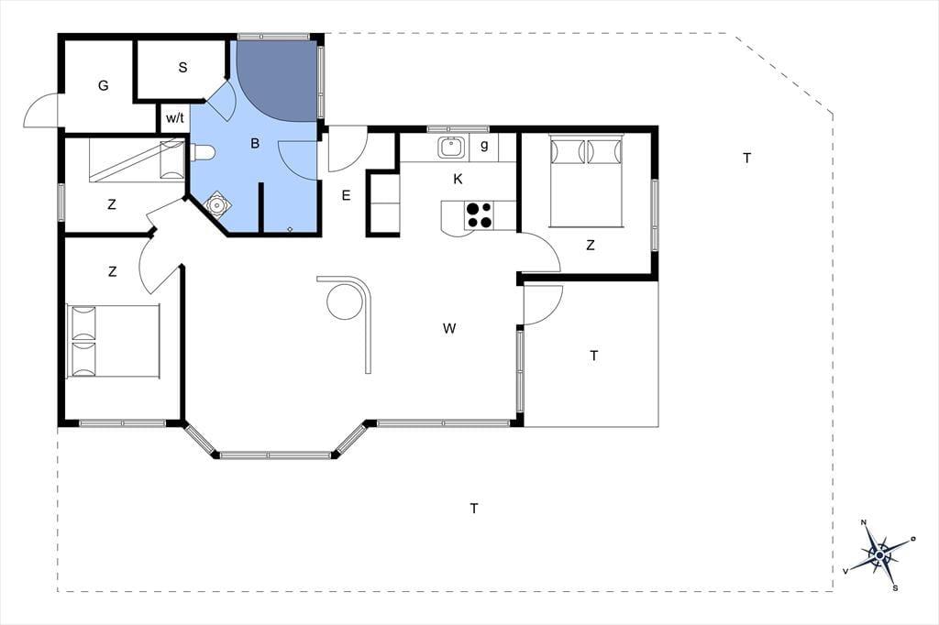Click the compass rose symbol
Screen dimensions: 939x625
(878, 555)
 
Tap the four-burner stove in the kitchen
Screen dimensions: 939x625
(479, 215)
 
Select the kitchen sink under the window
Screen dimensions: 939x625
(450, 148)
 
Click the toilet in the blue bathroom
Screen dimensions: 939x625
(202, 153)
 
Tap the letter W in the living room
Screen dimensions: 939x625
(449, 328)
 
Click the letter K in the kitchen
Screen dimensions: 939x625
(458, 179)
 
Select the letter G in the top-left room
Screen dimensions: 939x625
(103, 85)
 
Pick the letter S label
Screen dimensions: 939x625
(182, 67)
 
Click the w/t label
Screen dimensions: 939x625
(175, 118)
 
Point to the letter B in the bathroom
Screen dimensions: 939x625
(255, 143)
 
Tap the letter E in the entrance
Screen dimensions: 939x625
(346, 195)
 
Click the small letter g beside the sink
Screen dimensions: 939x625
(484, 145)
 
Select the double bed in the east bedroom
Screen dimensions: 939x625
(587, 181)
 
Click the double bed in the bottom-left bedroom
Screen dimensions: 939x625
(113, 341)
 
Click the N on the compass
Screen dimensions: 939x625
(864, 522)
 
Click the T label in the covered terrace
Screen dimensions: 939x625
(593, 356)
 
